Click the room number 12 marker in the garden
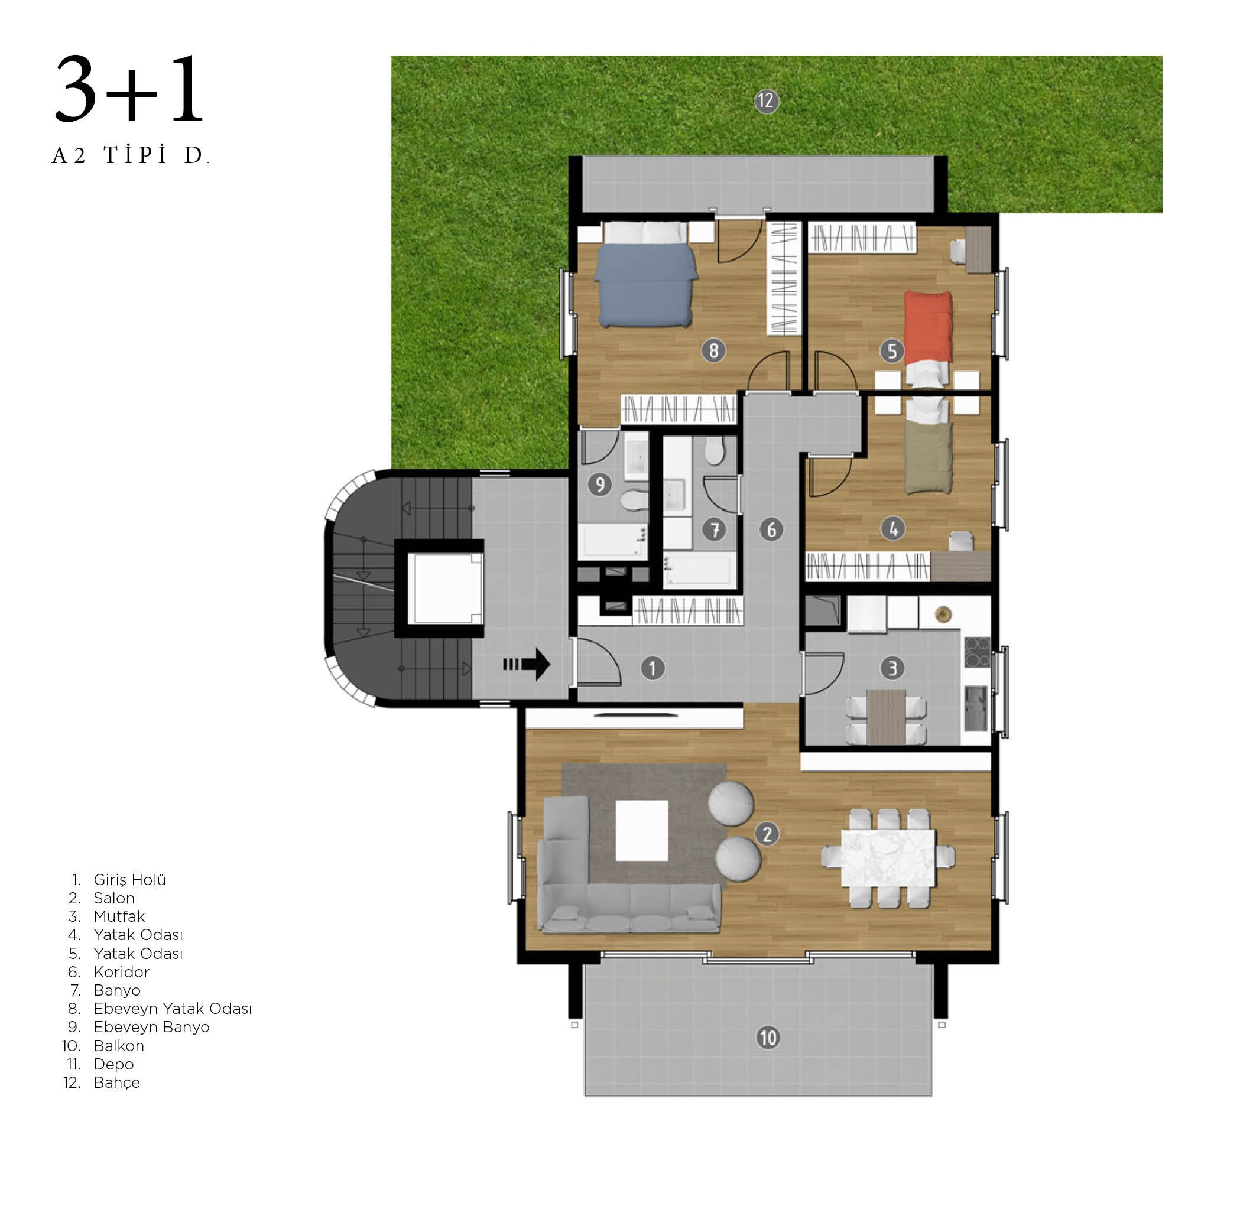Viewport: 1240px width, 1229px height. pyautogui.click(x=766, y=101)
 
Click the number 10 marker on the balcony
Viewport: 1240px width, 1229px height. pyautogui.click(x=768, y=1037)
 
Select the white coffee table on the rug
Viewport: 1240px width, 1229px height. pyautogui.click(x=642, y=830)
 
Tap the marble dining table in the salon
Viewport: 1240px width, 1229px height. pyautogui.click(x=888, y=857)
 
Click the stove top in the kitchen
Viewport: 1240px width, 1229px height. pyautogui.click(x=977, y=652)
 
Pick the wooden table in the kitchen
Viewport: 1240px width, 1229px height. pyautogui.click(x=886, y=717)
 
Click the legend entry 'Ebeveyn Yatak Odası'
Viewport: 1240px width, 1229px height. pyautogui.click(x=173, y=1009)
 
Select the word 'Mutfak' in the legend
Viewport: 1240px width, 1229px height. pyautogui.click(x=119, y=916)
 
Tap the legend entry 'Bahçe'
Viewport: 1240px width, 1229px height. pyautogui.click(x=117, y=1082)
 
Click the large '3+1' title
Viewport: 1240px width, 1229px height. pyautogui.click(x=129, y=89)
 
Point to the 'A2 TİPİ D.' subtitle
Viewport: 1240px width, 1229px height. pyautogui.click(x=130, y=155)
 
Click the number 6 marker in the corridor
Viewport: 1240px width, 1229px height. pyautogui.click(x=771, y=529)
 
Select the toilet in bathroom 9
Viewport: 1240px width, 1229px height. pyautogui.click(x=634, y=500)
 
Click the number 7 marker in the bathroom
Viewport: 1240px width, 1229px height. pyautogui.click(x=714, y=529)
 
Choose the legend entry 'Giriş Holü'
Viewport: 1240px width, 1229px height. pyautogui.click(x=129, y=880)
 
